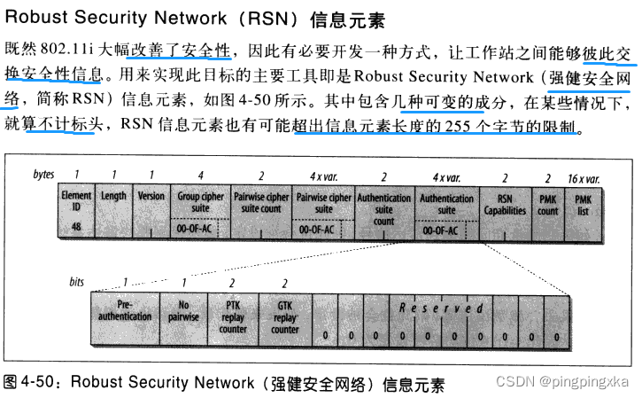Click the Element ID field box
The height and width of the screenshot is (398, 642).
[x=76, y=210]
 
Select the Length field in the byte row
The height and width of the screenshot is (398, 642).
[x=113, y=210]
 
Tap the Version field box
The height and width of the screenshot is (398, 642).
[x=151, y=210]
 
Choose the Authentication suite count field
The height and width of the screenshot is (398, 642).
[x=384, y=210]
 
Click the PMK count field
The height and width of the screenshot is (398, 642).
[x=548, y=210]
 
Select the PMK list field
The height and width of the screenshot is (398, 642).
[x=584, y=210]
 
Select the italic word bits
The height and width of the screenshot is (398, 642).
[x=79, y=282]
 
